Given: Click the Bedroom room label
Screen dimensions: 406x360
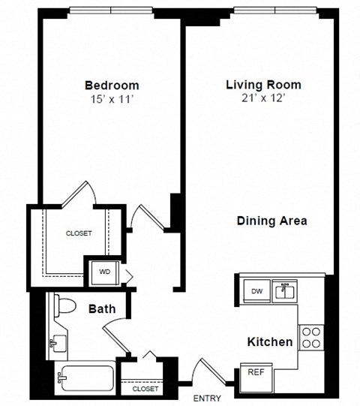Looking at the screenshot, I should pos(111,85).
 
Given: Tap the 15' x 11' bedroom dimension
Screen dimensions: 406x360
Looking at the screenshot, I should pos(111,98).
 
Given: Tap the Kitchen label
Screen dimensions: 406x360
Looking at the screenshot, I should pos(270,342).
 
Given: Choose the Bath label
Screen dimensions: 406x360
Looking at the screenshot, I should pos(102,308).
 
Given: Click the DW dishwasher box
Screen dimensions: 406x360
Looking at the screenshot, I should pos(256,290).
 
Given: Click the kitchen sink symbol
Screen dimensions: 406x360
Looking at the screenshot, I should pos(285,289).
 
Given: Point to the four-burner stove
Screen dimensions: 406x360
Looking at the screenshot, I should pos(310,337).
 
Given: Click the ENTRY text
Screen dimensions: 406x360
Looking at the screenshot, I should pos(207,397).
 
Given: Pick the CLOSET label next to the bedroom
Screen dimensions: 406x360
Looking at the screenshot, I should pos(78,233).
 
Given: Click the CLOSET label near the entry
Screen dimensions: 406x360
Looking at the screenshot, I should pos(145,389).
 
